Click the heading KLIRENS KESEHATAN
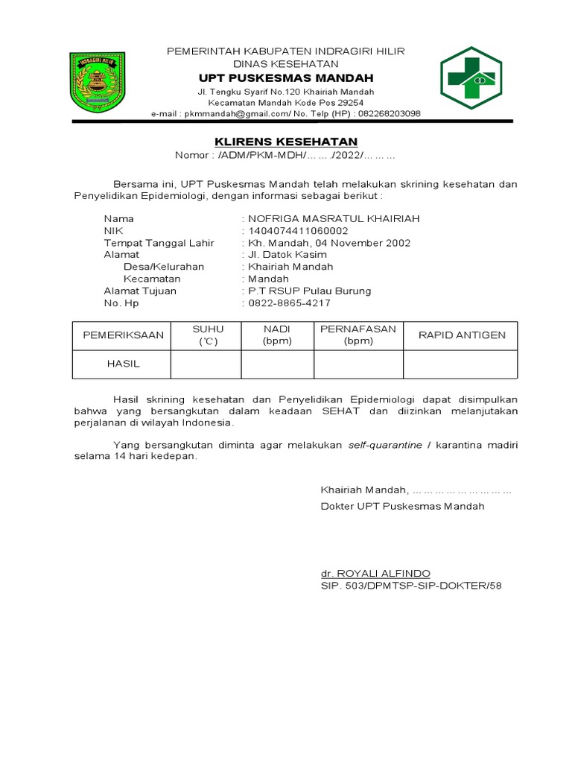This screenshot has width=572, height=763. point(286,142)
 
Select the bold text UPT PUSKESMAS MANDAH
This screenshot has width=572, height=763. point(286,78)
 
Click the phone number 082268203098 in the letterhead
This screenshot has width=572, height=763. point(389,114)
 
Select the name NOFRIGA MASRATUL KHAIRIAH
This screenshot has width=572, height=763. point(334,218)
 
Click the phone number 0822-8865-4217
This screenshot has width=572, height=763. point(289,303)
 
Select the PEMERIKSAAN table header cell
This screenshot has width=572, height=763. point(123,335)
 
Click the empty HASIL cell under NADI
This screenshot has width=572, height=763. point(277,364)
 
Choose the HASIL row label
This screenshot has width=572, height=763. point(123,364)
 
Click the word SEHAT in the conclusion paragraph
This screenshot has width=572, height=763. point(342,411)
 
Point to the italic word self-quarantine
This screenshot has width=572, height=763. point(385,445)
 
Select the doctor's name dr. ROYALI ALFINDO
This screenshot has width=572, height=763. point(375,573)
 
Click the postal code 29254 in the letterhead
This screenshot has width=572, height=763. point(349,103)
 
